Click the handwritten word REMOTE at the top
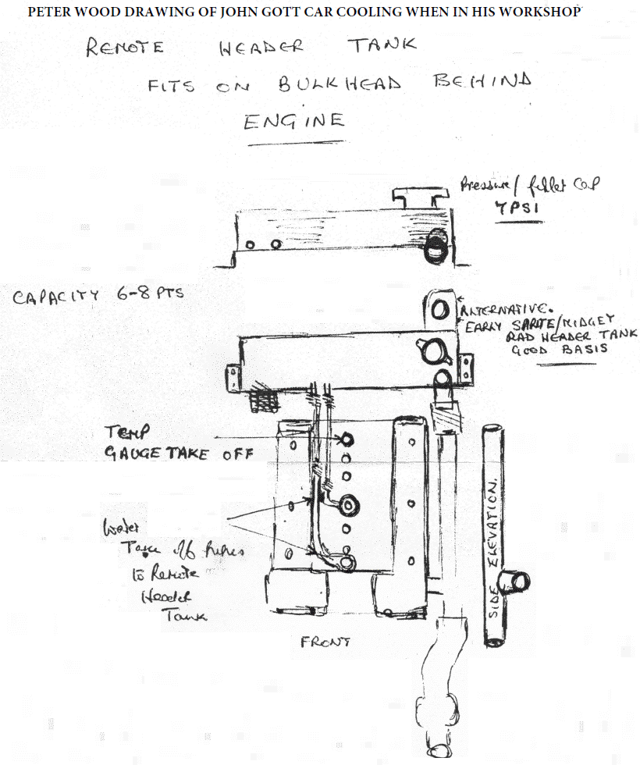(126, 48)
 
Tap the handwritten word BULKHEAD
(340, 84)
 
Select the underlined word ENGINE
(293, 121)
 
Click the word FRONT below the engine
(325, 642)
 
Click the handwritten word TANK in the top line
(382, 44)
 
